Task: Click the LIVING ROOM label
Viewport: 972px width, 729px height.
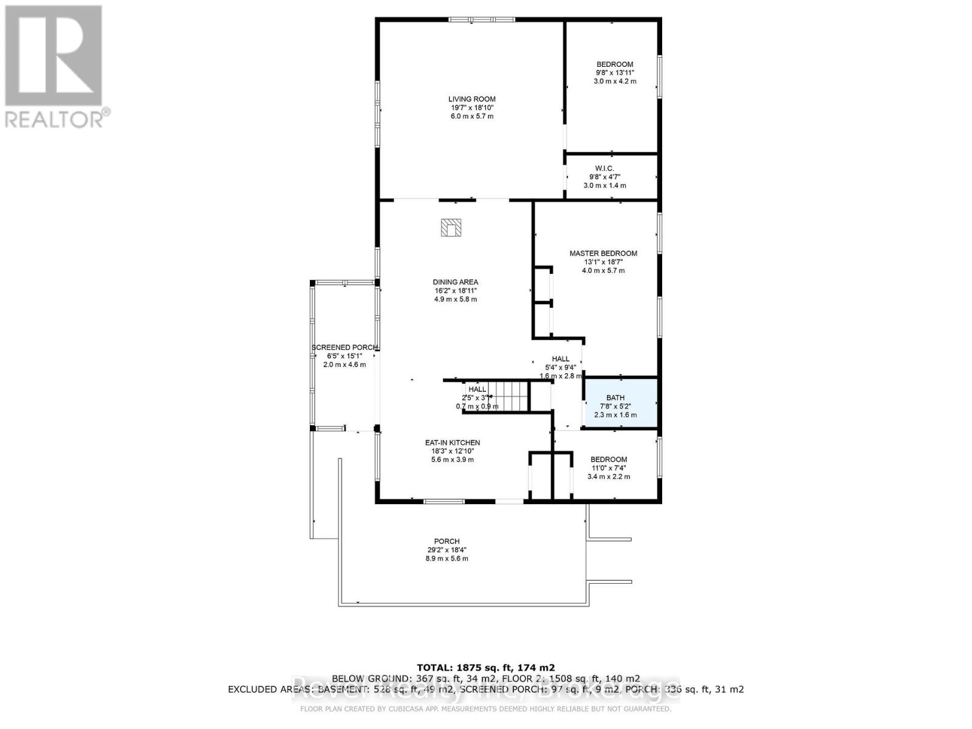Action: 471,99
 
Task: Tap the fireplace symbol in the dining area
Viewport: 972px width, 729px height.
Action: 451,228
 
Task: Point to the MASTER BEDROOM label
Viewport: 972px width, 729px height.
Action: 603,253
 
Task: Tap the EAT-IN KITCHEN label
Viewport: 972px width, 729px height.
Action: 452,443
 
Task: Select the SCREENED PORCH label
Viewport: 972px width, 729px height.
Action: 344,347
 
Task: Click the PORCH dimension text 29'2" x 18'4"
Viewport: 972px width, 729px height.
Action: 447,550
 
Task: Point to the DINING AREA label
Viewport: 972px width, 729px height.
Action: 455,282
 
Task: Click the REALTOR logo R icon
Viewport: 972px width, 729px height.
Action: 53,56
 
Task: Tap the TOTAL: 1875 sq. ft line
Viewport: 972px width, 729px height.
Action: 485,667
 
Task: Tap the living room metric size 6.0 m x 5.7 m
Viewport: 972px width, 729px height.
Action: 471,116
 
